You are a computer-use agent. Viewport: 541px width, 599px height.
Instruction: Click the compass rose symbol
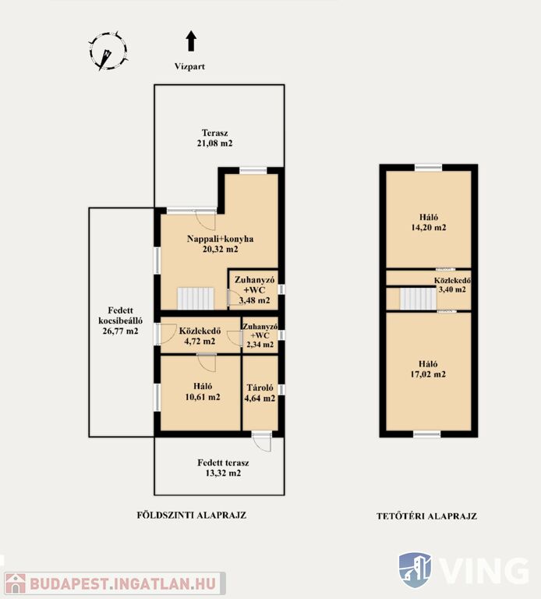tap(108, 51)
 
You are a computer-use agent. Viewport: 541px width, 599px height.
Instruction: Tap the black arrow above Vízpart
tap(191, 41)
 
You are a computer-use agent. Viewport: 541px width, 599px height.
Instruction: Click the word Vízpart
tap(189, 66)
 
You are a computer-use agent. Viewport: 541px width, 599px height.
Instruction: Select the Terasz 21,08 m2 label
tap(215, 138)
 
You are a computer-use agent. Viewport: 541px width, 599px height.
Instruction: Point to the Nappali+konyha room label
tap(221, 243)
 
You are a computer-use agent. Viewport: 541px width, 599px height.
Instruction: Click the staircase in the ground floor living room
tap(196, 299)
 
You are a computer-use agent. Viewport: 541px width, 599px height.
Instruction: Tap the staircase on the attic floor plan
tap(418, 299)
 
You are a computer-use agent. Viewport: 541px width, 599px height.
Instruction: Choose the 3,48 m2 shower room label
tap(254, 290)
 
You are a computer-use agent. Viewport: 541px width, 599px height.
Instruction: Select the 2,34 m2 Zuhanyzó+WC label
tap(260, 335)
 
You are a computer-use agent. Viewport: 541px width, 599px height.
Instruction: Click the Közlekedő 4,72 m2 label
tap(200, 336)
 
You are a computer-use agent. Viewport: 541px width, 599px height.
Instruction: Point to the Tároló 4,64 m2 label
tap(260, 393)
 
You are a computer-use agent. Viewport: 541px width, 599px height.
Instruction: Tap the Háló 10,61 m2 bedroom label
tap(203, 392)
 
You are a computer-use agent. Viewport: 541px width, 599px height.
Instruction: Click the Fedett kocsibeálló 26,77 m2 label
tap(120, 321)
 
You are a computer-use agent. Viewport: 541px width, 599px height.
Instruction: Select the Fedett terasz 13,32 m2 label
tap(223, 468)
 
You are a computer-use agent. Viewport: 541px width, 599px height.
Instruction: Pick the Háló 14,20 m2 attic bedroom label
tap(429, 222)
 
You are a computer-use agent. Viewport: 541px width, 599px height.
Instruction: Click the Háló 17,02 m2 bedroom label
tap(428, 369)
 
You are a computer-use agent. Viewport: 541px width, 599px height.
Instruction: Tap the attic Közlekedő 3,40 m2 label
tap(452, 285)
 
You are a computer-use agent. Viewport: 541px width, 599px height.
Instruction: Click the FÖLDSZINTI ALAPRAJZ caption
tap(192, 515)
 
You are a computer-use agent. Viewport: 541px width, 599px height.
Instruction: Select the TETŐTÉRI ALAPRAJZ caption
tap(427, 516)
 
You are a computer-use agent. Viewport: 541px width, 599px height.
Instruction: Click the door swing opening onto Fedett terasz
tap(262, 442)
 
